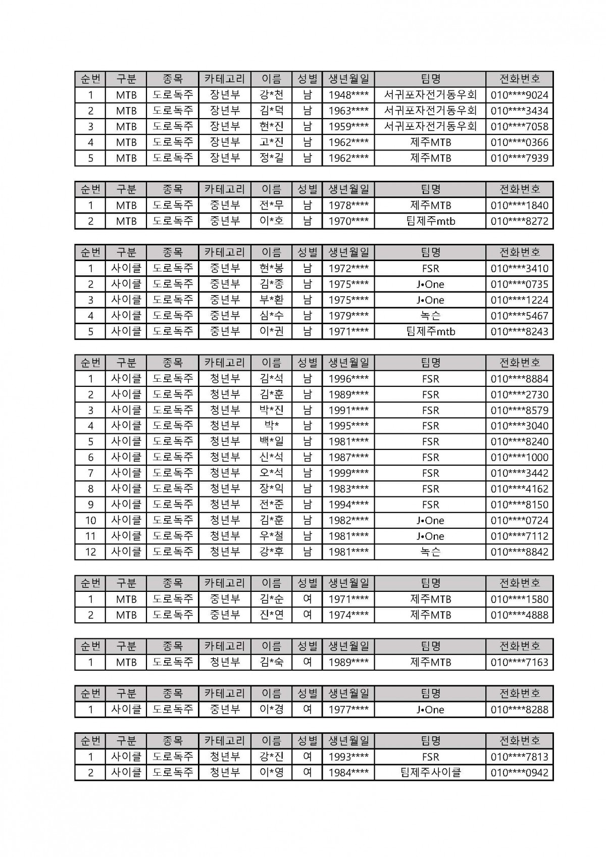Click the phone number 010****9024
point(519,95)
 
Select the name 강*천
point(272,95)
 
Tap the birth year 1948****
point(348,95)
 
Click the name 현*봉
point(272,268)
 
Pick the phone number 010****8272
point(519,221)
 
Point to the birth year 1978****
point(348,206)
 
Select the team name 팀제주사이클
point(430,773)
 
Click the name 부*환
point(272,300)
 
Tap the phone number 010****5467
point(519,316)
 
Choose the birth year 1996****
point(348,379)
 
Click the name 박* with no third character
point(272,426)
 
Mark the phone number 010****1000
point(519,458)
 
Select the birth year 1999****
point(348,473)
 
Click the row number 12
point(90,552)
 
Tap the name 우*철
point(272,536)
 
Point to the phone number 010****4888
point(519,615)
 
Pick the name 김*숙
point(272,662)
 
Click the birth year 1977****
point(348,710)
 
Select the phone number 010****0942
point(519,773)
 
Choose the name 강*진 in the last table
point(272,757)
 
